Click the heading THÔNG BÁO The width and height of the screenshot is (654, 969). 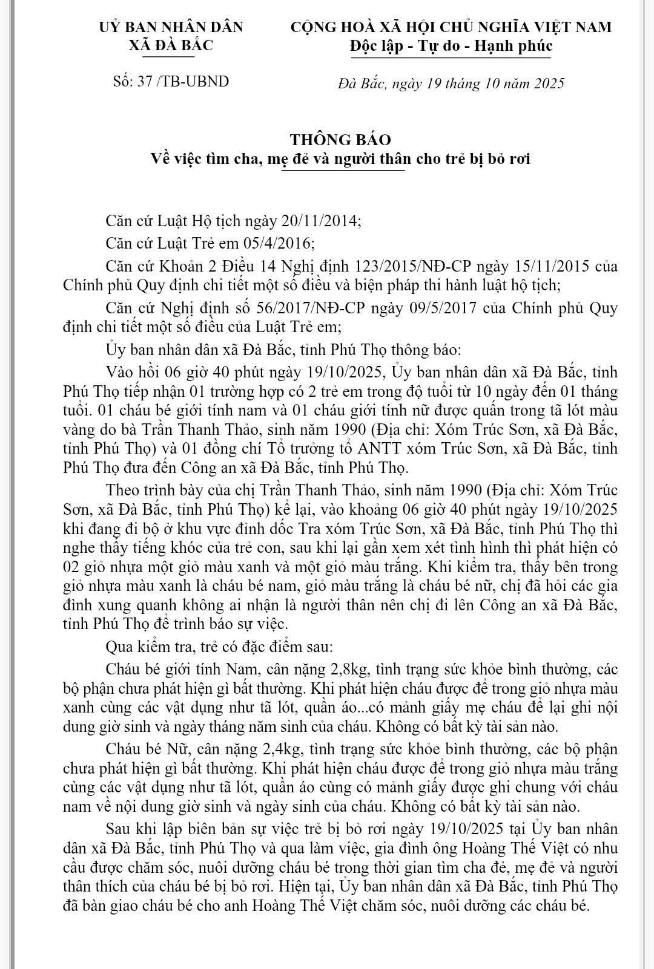pos(340,139)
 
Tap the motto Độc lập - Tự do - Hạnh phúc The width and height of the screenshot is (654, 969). pos(451,46)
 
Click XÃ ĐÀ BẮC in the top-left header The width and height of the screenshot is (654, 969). pos(171,45)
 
